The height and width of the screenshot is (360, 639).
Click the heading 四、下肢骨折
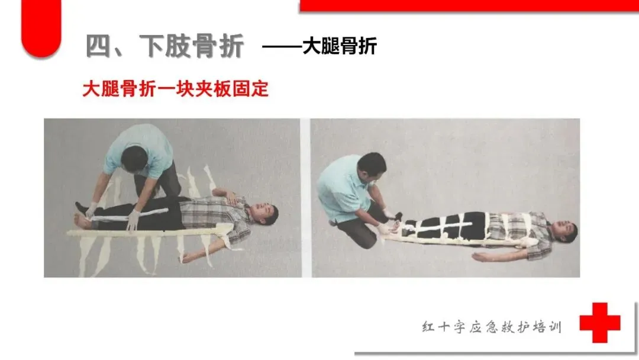(x=164, y=46)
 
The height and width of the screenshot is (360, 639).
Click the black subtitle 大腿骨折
(x=340, y=46)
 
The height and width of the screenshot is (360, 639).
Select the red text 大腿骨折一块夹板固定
(x=176, y=89)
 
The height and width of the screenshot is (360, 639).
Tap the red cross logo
(x=600, y=323)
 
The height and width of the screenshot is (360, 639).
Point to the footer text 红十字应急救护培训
(x=492, y=327)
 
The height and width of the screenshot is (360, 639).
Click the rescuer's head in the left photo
(x=134, y=159)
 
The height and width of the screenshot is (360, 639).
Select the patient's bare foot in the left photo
(x=83, y=221)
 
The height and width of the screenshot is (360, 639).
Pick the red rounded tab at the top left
(x=41, y=28)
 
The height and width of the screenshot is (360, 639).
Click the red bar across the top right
(x=469, y=6)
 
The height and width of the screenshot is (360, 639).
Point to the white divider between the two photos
(x=306, y=198)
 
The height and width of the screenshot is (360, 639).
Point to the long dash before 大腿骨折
(x=282, y=46)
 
